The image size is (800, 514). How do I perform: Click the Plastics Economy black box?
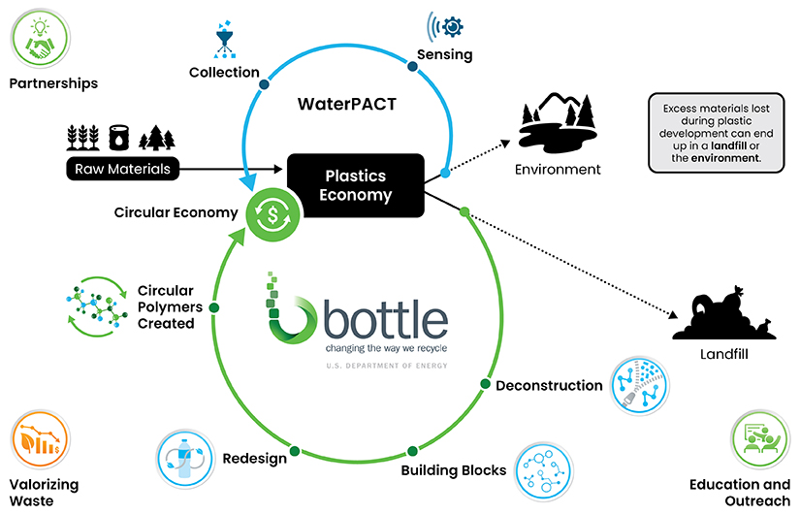click(x=356, y=184)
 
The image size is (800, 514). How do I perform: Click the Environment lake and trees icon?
click(x=558, y=122)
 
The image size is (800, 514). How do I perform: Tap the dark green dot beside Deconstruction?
click(x=484, y=385)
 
